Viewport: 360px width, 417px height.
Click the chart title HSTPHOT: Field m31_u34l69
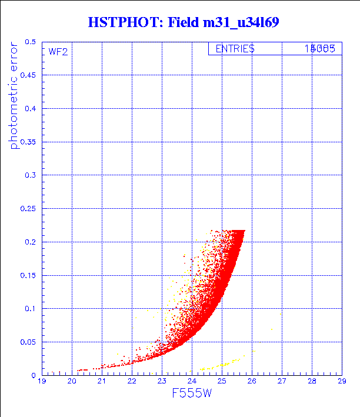[182, 22]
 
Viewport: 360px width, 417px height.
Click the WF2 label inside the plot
[58, 52]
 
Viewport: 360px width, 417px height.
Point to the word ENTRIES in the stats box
[235, 49]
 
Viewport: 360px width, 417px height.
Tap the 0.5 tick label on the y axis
[31, 42]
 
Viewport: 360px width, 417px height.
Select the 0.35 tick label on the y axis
[28, 142]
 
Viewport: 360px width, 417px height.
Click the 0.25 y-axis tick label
[28, 209]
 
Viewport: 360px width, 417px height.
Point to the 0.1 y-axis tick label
[31, 309]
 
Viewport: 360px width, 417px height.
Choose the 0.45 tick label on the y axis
[28, 76]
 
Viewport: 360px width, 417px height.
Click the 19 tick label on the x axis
[42, 382]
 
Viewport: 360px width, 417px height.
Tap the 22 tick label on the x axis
[132, 382]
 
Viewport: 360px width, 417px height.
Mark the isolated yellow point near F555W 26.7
[271, 330]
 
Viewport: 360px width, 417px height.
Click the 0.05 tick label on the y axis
[28, 342]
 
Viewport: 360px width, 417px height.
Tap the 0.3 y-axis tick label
[31, 176]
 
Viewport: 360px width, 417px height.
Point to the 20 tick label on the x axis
[72, 382]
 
